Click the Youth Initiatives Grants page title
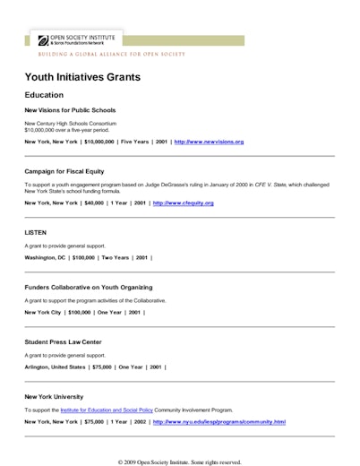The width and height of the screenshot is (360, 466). click(82, 77)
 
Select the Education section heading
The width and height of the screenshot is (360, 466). click(44, 95)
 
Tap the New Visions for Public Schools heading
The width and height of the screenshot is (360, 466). click(70, 110)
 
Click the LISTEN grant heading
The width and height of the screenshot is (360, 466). click(36, 231)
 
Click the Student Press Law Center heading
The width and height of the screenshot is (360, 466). click(65, 341)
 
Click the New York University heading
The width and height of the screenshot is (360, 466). click(54, 396)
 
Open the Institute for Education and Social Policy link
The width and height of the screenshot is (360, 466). click(104, 410)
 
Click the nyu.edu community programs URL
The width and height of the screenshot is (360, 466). click(219, 421)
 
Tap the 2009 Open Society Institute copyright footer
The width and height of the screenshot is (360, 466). click(179, 462)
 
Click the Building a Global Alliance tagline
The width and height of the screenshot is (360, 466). click(111, 54)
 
